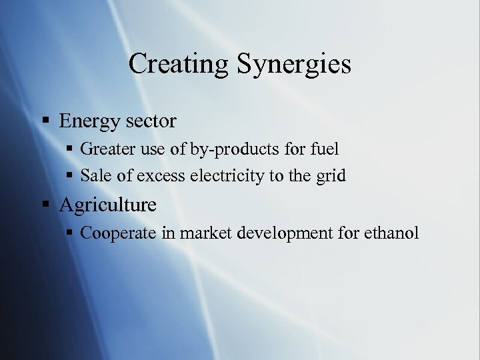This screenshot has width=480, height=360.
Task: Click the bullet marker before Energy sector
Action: pyautogui.click(x=46, y=121)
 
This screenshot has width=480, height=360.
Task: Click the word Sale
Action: pyautogui.click(x=95, y=176)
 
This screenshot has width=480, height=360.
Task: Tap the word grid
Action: pyautogui.click(x=331, y=176)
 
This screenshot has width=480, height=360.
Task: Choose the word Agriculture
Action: pyautogui.click(x=107, y=204)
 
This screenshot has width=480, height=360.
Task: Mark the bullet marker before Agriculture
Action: pyautogui.click(x=46, y=205)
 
